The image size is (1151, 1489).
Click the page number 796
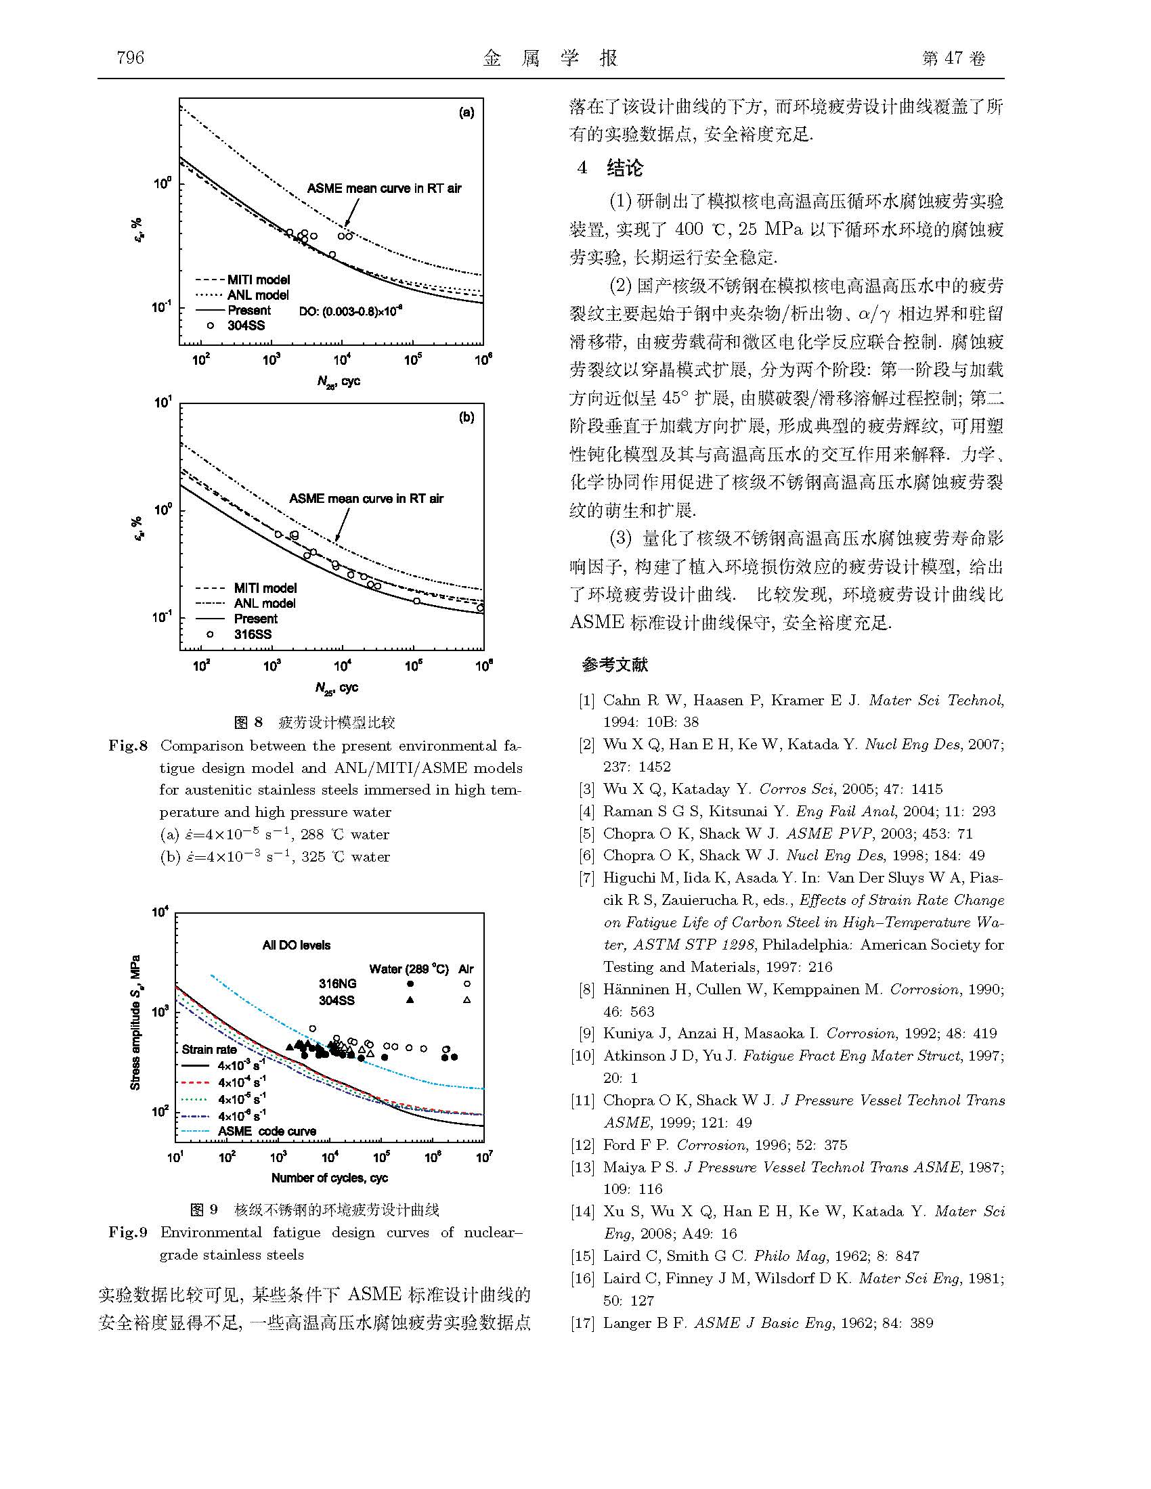[130, 58]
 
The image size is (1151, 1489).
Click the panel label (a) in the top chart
[466, 113]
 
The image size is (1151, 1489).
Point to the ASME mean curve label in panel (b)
[366, 498]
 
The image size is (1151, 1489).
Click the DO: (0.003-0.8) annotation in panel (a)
[351, 311]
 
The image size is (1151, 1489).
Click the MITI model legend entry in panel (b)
[265, 587]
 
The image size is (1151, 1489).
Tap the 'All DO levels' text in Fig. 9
[296, 945]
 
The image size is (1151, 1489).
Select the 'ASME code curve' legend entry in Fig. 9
[267, 1131]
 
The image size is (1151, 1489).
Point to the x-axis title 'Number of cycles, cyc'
[329, 1178]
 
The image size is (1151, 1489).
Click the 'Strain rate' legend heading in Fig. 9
[209, 1049]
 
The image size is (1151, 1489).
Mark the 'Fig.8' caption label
[127, 745]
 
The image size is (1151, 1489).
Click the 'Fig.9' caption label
[127, 1232]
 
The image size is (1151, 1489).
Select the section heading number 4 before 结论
[582, 168]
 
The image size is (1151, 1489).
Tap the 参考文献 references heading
[614, 665]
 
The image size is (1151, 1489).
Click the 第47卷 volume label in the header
[953, 59]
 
